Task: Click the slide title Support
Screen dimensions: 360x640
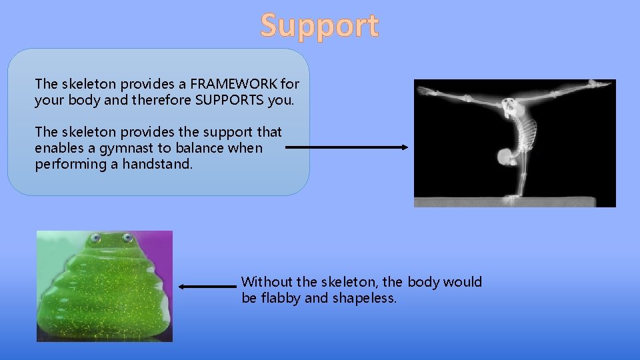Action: (319, 26)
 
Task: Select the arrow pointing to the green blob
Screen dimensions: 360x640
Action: (207, 287)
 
